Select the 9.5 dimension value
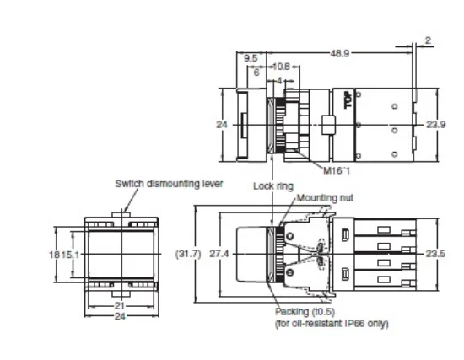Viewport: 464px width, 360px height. (251, 58)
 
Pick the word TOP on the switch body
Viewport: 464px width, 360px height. (346, 100)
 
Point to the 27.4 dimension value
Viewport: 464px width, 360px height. (219, 253)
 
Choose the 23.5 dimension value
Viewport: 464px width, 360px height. (435, 253)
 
